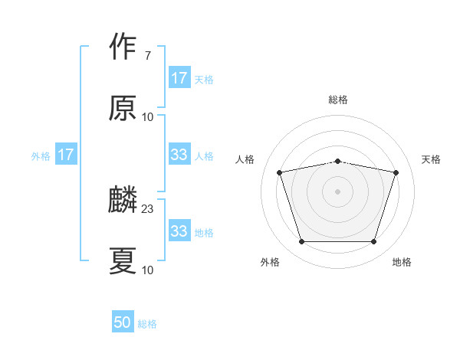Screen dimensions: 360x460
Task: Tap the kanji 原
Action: tap(123, 108)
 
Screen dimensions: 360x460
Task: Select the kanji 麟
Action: tap(123, 201)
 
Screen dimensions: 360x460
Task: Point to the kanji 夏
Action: tap(123, 260)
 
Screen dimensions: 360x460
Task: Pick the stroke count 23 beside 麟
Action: tap(148, 208)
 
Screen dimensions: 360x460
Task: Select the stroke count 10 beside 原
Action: tap(148, 117)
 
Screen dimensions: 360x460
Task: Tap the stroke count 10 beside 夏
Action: tap(148, 270)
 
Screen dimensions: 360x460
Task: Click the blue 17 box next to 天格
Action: tap(179, 78)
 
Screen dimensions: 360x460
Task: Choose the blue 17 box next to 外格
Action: tap(66, 155)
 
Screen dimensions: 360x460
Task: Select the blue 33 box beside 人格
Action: tap(179, 155)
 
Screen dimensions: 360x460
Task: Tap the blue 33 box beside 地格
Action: tap(179, 231)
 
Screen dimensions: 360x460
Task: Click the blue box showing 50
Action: tap(123, 322)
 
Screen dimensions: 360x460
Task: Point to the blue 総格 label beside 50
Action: tap(147, 324)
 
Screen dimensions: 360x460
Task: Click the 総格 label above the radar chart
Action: tap(338, 100)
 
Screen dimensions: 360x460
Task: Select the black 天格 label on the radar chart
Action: tap(432, 159)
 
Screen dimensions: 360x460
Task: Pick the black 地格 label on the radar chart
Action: tap(402, 262)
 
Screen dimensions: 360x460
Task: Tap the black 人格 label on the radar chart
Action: tap(245, 159)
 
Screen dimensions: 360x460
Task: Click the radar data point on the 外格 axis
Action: tap(301, 242)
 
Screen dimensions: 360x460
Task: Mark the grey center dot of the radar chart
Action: tap(338, 191)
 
